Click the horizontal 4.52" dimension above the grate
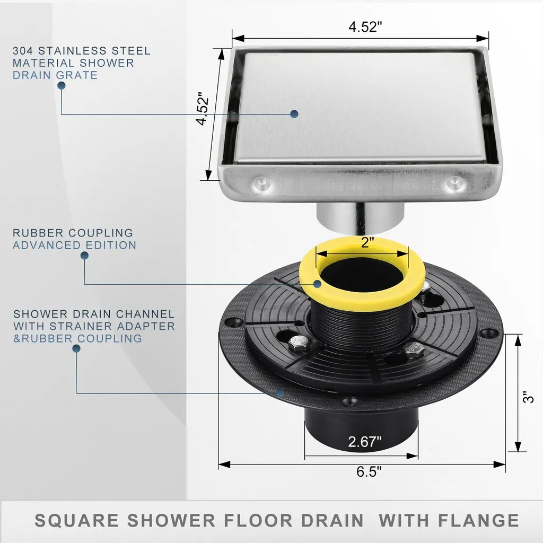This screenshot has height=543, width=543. [x=365, y=27]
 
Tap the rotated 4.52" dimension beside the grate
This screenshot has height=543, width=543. [x=202, y=109]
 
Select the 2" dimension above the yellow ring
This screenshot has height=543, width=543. [x=365, y=243]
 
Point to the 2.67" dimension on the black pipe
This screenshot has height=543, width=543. [x=364, y=442]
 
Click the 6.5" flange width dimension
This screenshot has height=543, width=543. [x=369, y=471]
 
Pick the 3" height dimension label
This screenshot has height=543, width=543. [x=529, y=397]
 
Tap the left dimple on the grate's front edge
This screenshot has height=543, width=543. [x=262, y=183]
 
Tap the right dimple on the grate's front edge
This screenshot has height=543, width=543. [x=454, y=182]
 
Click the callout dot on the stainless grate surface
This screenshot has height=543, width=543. [x=294, y=114]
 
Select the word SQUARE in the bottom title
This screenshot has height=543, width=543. [x=76, y=521]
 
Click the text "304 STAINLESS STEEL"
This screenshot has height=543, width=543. [x=82, y=50]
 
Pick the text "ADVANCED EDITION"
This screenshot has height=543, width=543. [x=74, y=245]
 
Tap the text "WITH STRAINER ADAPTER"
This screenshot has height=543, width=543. [x=94, y=326]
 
